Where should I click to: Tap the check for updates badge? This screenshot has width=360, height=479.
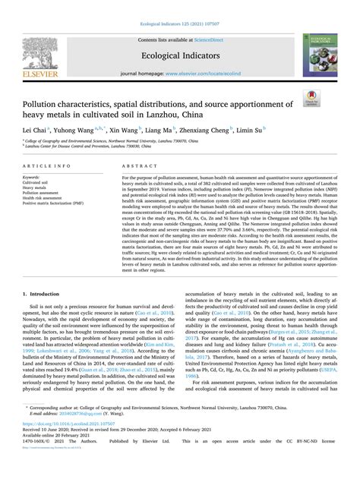331,96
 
